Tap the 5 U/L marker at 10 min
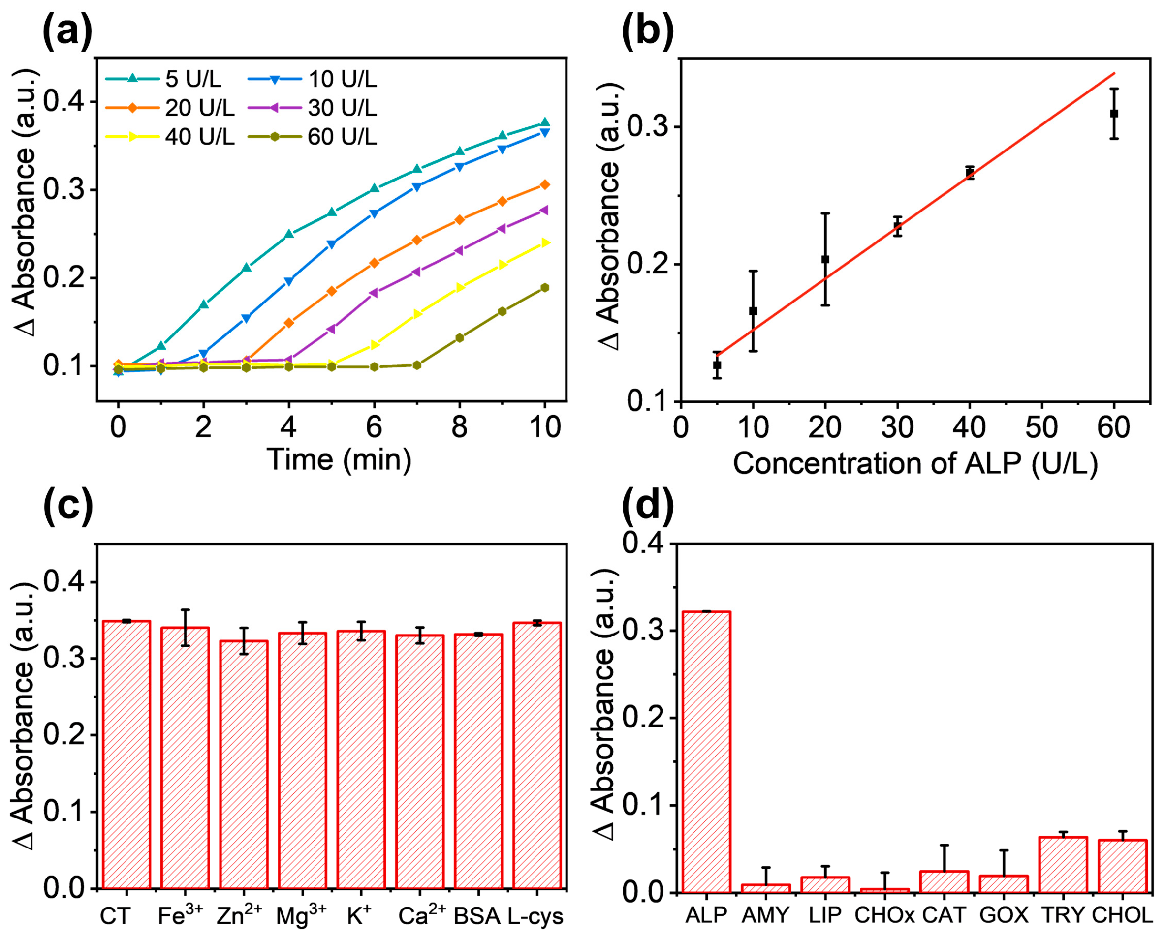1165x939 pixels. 544,123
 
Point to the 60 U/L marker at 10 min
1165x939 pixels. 544,288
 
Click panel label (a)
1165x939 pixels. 67,32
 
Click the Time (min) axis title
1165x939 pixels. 339,460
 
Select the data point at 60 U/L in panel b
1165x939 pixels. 1114,114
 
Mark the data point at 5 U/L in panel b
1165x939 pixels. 717,365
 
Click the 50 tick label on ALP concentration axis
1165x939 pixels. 1041,427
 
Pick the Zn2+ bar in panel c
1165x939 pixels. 244,768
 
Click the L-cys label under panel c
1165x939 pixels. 535,916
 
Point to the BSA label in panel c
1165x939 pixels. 477,916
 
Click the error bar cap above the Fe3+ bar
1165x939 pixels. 185,609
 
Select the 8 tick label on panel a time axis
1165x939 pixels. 459,427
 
